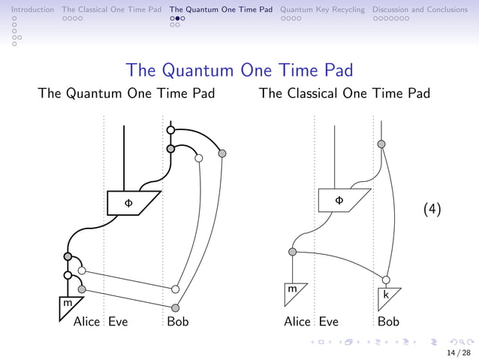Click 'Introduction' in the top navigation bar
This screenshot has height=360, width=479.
tap(27, 10)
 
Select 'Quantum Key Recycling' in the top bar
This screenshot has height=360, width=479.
tap(322, 10)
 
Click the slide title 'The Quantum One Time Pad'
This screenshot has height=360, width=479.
tap(239, 70)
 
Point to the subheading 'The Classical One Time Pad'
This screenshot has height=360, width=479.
tap(344, 94)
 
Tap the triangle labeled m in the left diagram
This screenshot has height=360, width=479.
tap(68, 304)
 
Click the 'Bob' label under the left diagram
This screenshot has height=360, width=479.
tap(178, 322)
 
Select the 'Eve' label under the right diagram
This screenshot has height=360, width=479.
tap(328, 322)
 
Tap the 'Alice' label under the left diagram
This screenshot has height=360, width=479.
tap(86, 322)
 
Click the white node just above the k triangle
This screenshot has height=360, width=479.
tap(386, 280)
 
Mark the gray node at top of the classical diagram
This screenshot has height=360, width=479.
tap(381, 144)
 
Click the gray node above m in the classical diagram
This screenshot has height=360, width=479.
tap(293, 252)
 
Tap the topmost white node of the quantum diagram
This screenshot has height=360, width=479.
tap(171, 131)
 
